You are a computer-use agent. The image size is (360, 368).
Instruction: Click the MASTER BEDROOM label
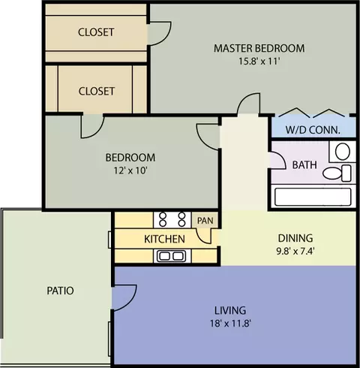(x=259, y=48)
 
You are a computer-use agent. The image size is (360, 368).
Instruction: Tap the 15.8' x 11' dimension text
(x=259, y=62)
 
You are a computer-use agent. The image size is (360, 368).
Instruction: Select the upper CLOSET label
(x=96, y=32)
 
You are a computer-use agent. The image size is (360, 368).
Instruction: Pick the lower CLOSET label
(x=97, y=91)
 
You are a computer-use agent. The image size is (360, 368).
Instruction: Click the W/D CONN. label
(x=313, y=130)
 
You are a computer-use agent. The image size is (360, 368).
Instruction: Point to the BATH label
(x=304, y=165)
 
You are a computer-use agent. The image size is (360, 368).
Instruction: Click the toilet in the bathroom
(x=337, y=173)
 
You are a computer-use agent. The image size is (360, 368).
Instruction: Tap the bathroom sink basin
(x=343, y=152)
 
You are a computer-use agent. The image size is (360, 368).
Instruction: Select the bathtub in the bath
(x=313, y=197)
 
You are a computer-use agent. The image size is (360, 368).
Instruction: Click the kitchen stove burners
(x=172, y=219)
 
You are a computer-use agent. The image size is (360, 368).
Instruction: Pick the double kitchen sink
(x=172, y=256)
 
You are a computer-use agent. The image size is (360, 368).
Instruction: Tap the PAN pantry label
(x=205, y=221)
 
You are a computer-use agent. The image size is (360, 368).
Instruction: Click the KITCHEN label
(x=164, y=239)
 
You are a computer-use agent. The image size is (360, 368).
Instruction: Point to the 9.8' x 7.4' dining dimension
(x=295, y=251)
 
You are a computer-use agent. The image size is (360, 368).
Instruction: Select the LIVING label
(x=230, y=310)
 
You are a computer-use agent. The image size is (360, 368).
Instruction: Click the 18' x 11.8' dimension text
(x=230, y=324)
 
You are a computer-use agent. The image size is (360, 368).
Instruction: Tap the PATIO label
(x=60, y=291)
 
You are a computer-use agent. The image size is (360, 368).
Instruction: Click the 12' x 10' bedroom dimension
(x=130, y=170)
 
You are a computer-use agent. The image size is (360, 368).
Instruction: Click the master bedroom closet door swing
(x=163, y=38)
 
